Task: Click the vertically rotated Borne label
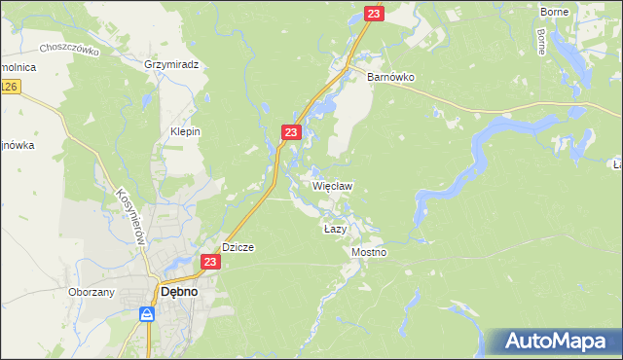(541, 39)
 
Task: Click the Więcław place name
(332, 184)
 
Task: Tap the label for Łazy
(335, 229)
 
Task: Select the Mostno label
(369, 252)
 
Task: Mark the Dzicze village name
(238, 247)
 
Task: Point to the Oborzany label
(92, 291)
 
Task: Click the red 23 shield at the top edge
(375, 14)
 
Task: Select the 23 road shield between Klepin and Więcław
(291, 131)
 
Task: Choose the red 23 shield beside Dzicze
(211, 262)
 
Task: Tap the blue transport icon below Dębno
(147, 313)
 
